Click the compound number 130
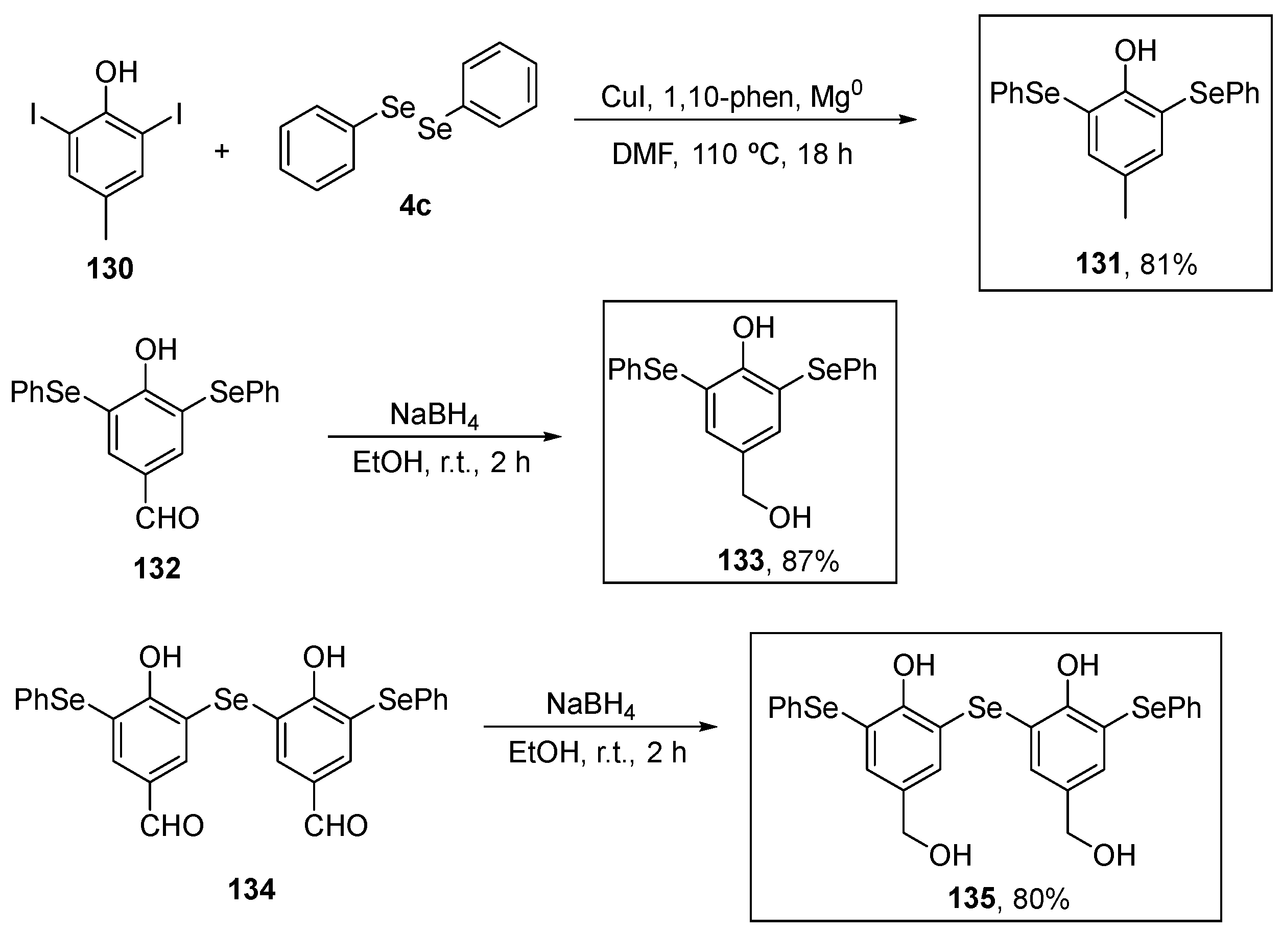coord(110,268)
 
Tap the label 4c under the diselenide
coord(415,205)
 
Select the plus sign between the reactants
coord(222,151)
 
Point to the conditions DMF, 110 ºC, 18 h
coord(732,154)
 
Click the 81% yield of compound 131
coord(1169,264)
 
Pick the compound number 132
coord(157,568)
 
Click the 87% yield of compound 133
coord(810,561)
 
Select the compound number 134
coord(251,890)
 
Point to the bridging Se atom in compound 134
coord(231,700)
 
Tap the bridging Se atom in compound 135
coord(984,708)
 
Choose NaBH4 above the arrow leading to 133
coord(434,415)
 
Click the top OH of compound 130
coord(116,73)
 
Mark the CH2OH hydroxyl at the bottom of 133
coord(789,518)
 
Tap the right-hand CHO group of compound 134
coord(335,826)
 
